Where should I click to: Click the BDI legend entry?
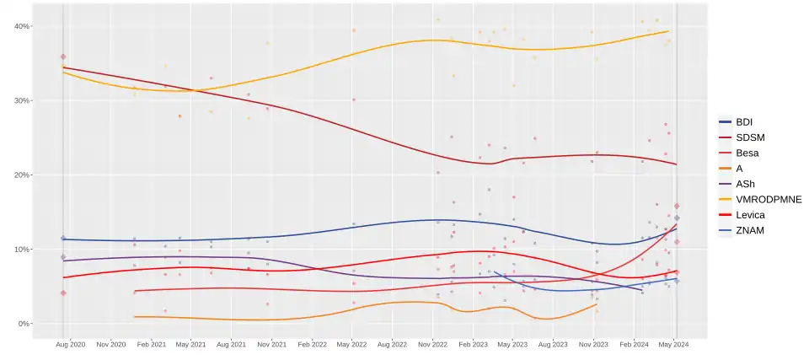click(744, 121)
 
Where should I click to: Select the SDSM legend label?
click(749, 137)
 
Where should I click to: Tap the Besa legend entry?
click(747, 153)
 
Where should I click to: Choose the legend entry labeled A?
click(739, 169)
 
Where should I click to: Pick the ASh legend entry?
click(745, 184)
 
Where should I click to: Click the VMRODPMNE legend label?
click(768, 199)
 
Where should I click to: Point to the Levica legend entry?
click(749, 215)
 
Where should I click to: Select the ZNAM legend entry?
click(749, 230)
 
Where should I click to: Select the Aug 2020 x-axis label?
click(71, 345)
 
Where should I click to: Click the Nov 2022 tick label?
click(432, 345)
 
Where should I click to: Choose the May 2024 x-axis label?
click(673, 345)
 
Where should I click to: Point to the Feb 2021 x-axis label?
click(151, 345)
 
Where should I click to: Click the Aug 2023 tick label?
click(553, 345)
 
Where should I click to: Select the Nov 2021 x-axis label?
click(271, 345)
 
